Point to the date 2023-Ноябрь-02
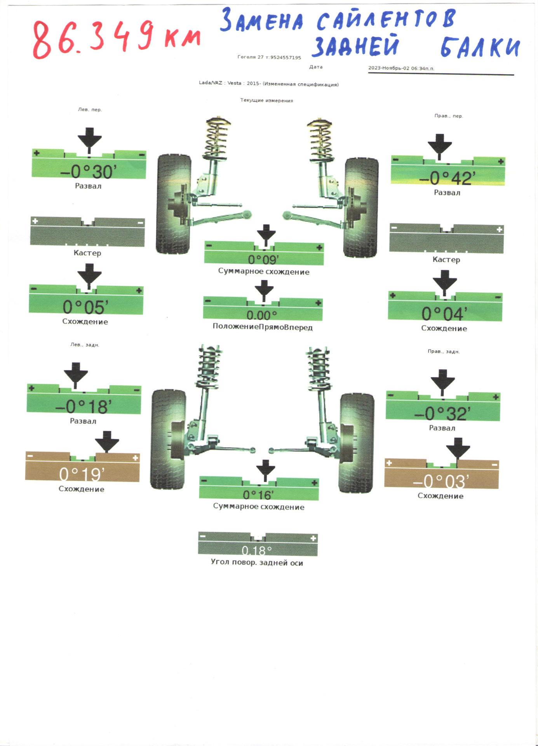388,68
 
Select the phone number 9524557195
286,58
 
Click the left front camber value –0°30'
89,171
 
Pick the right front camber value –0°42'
447,178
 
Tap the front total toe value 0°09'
263,259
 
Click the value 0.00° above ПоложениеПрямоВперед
262,315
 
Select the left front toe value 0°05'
85,307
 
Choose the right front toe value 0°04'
444,314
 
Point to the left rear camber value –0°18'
83,406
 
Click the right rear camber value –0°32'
442,413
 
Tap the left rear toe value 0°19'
82,474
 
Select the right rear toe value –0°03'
441,481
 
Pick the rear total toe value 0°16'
258,495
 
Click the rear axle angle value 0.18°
257,550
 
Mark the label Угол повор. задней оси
257,562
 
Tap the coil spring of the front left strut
217,138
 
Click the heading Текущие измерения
266,100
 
